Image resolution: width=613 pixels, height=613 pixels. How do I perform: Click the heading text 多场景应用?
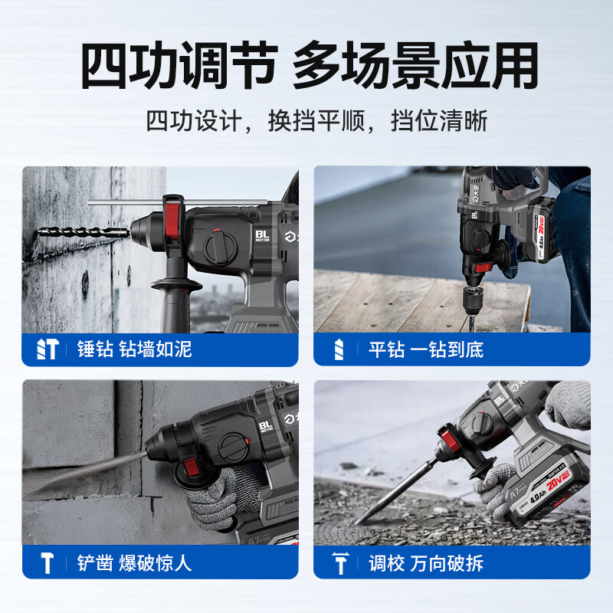[x=415, y=65]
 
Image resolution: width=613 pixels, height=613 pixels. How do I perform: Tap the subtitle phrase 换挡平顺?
[x=316, y=121]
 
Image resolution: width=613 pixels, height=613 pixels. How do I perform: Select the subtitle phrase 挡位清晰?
[x=439, y=121]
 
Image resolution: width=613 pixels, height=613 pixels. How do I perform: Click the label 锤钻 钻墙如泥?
[x=134, y=349]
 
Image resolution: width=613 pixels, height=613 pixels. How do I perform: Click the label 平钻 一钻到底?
[x=426, y=349]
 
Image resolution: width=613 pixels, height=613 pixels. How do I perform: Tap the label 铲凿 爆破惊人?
[x=134, y=563]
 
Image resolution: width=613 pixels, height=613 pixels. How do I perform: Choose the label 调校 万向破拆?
[x=426, y=563]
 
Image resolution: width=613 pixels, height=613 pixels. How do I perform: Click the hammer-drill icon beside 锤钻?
[x=48, y=349]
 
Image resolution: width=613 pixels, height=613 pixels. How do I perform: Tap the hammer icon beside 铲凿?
[x=48, y=563]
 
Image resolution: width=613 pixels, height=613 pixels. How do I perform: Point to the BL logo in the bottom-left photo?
[x=266, y=426]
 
